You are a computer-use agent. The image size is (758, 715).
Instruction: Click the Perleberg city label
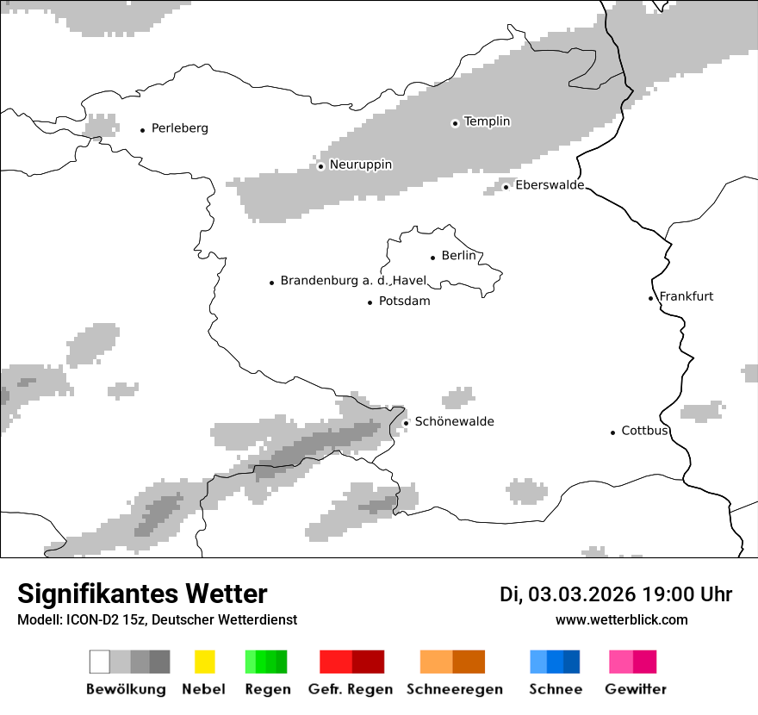click(x=179, y=128)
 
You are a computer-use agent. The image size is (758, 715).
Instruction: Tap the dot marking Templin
click(x=455, y=123)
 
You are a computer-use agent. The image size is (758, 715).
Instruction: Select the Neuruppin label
click(x=360, y=165)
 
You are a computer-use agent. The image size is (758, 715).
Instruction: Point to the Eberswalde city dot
click(x=506, y=187)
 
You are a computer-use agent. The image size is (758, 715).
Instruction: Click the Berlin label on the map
click(x=458, y=256)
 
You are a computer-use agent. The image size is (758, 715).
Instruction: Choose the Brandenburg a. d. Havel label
click(x=353, y=281)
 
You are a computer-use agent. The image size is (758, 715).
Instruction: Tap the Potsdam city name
click(x=404, y=302)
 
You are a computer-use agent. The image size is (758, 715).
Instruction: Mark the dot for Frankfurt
click(x=651, y=298)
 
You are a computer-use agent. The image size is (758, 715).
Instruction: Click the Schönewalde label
click(x=454, y=421)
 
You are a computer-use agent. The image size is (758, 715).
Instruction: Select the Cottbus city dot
click(x=612, y=432)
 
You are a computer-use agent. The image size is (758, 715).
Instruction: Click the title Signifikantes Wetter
click(x=142, y=594)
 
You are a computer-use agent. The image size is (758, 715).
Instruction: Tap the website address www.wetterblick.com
click(x=621, y=619)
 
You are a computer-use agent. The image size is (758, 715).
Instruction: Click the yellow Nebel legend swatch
click(x=204, y=662)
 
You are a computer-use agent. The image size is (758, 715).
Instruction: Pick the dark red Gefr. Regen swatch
click(x=368, y=662)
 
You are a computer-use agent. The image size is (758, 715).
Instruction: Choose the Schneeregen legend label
click(x=454, y=689)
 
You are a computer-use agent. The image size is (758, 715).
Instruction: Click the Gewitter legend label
click(x=635, y=689)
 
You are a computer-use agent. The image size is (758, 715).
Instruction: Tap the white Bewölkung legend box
click(x=99, y=662)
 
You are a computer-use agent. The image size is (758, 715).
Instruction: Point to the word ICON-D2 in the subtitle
click(x=87, y=619)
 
